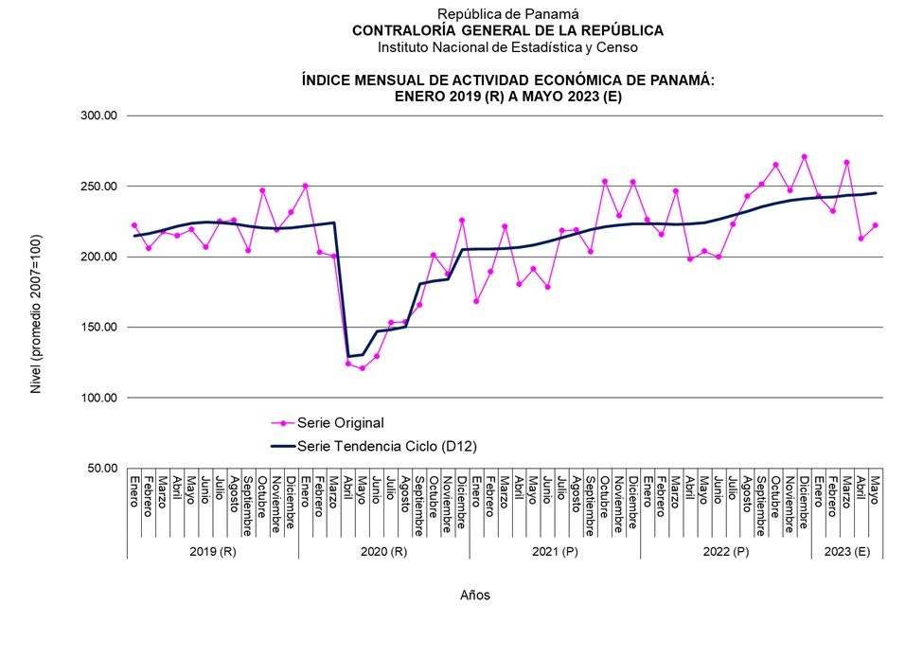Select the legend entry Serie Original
coord(340,422)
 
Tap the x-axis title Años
coord(475,596)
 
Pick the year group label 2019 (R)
coord(213,551)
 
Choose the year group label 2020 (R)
coord(383,551)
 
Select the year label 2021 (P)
coord(555,551)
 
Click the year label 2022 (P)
coord(726,551)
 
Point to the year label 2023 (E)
coord(847,551)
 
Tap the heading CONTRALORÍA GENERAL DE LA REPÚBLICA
coord(507,30)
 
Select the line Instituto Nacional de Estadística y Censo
coord(507,46)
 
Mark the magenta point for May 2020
coord(363,368)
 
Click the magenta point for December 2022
coord(805,156)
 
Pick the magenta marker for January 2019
coord(134,225)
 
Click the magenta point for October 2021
coord(605,181)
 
